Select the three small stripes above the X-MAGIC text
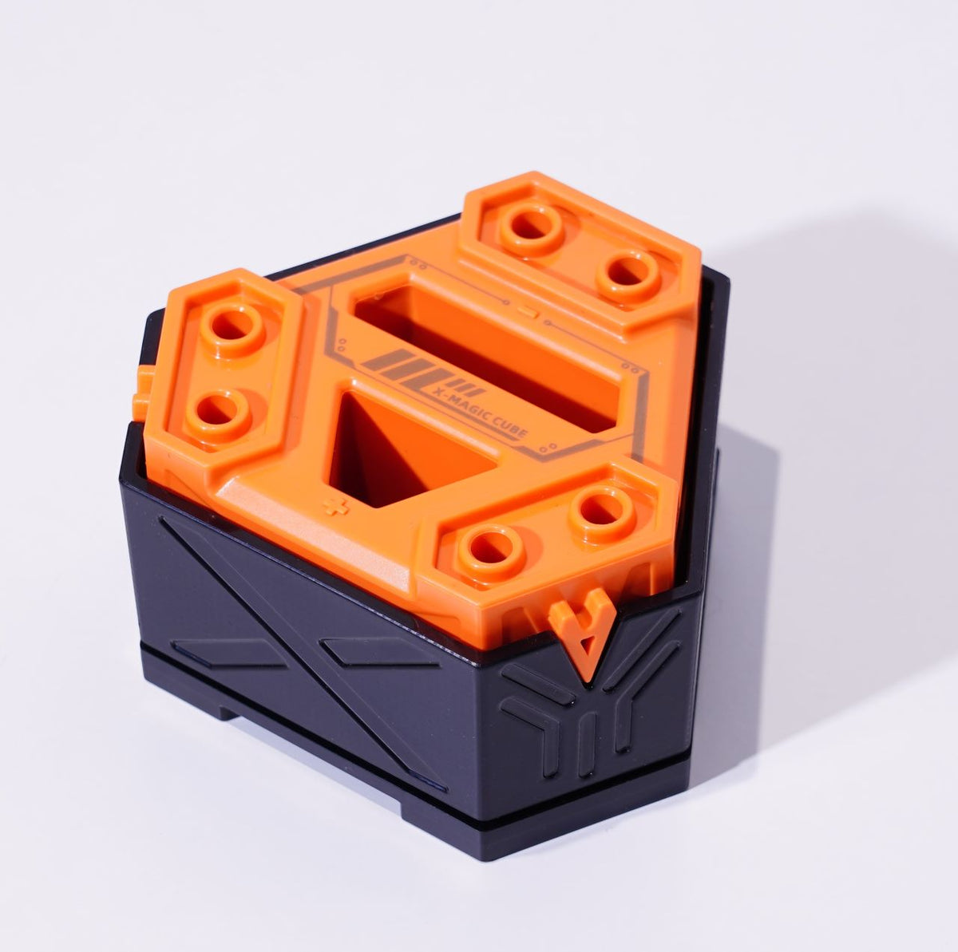pyautogui.click(x=469, y=387)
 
